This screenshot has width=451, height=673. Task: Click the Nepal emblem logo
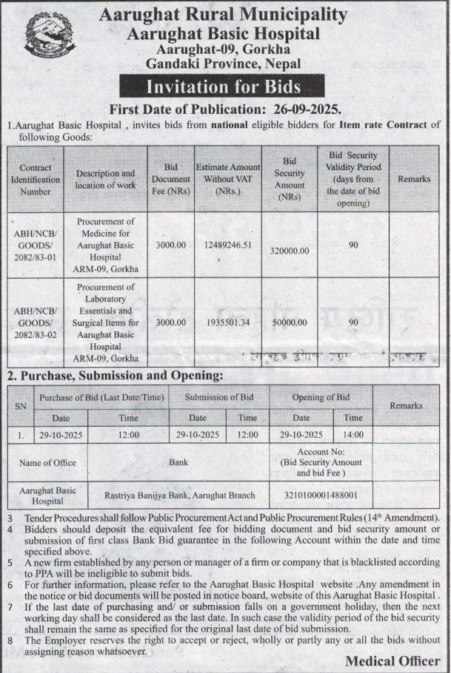click(50, 41)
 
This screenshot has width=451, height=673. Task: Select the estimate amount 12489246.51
click(227, 245)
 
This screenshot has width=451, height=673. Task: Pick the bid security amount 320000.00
click(290, 250)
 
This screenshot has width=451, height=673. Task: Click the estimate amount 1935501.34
click(227, 322)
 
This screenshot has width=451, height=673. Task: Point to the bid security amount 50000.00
click(290, 322)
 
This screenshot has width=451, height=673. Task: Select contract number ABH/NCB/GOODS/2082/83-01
click(36, 245)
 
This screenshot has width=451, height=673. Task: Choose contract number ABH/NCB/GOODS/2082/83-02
click(36, 322)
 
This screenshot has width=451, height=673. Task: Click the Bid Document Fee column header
click(171, 179)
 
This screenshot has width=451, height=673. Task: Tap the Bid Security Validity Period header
click(353, 179)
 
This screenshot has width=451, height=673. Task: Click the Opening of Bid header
click(320, 397)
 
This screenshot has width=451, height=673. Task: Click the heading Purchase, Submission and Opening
click(115, 375)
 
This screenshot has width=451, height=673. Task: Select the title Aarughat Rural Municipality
click(223, 15)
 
